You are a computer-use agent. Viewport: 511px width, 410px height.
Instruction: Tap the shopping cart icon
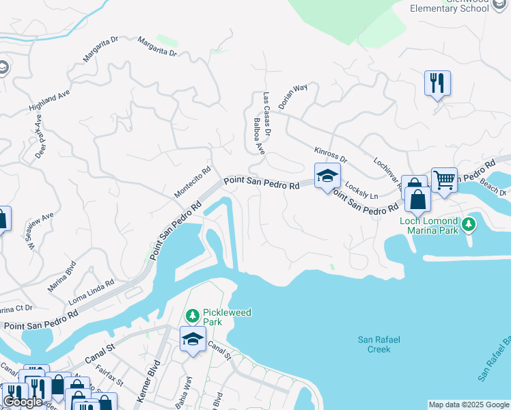pos(444,180)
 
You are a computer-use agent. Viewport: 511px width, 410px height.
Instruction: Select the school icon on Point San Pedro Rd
pos(327,176)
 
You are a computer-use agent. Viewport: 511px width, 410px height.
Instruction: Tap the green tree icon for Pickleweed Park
pos(193,316)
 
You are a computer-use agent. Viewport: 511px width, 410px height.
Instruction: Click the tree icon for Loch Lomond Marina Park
pos(469,224)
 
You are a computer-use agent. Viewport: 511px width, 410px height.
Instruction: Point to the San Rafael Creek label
pos(374,344)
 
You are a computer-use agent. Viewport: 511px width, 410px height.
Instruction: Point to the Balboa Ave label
pos(258,136)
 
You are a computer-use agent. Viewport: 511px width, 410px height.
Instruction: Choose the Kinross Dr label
pos(331,154)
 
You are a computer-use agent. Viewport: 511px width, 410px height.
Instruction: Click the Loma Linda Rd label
pos(92,292)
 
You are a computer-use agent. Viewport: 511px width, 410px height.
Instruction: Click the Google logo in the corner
pos(23,402)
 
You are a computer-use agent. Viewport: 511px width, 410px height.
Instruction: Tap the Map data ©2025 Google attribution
pos(469,405)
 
